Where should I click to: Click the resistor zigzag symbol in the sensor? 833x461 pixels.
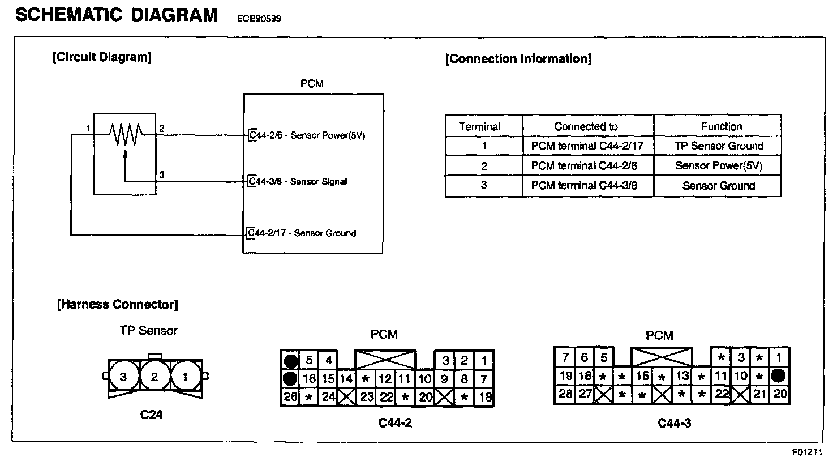tap(125, 135)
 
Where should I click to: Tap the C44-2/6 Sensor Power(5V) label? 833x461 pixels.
tap(307, 136)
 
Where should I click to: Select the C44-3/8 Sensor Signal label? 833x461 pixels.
tap(298, 182)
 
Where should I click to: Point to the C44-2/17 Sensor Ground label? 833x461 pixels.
tap(302, 233)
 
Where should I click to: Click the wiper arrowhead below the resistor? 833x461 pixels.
tap(125, 153)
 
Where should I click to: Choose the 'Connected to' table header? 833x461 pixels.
tap(586, 127)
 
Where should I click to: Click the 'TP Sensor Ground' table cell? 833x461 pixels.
tap(719, 146)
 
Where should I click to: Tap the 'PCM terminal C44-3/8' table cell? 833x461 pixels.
tap(584, 185)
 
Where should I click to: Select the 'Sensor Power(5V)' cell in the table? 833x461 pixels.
tap(719, 166)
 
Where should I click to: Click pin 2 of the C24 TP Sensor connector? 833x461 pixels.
tap(154, 377)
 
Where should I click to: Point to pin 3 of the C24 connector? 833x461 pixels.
tap(123, 377)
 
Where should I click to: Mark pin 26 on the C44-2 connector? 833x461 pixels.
tap(290, 396)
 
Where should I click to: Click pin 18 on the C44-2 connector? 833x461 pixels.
tap(485, 397)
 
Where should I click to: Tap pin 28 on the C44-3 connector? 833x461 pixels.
tap(565, 394)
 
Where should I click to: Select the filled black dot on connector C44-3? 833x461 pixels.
tap(779, 375)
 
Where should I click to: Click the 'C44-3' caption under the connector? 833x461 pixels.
tap(674, 423)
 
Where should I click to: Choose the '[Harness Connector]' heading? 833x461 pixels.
tap(117, 305)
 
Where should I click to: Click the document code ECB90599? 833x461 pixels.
tap(259, 19)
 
